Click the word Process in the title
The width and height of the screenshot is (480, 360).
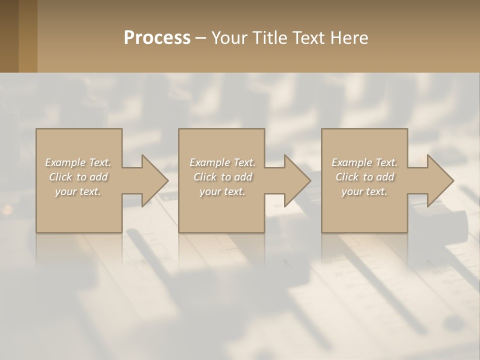click(x=157, y=38)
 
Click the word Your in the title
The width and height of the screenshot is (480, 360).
click(x=230, y=38)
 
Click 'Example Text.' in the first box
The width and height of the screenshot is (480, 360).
click(x=78, y=162)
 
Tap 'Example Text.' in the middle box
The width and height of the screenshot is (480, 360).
click(x=222, y=162)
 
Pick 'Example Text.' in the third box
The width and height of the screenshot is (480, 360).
click(x=364, y=162)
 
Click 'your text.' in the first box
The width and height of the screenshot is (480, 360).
click(x=78, y=191)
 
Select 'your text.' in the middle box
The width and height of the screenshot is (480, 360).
click(x=222, y=191)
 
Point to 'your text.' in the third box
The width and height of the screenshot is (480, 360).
click(x=364, y=191)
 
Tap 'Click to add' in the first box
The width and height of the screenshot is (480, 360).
click(x=78, y=177)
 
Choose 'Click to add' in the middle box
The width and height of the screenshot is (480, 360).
click(x=222, y=177)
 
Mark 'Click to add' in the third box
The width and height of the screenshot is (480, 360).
click(x=364, y=177)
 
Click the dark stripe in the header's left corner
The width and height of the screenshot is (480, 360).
click(x=9, y=36)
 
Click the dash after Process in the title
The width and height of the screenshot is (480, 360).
click(x=201, y=38)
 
